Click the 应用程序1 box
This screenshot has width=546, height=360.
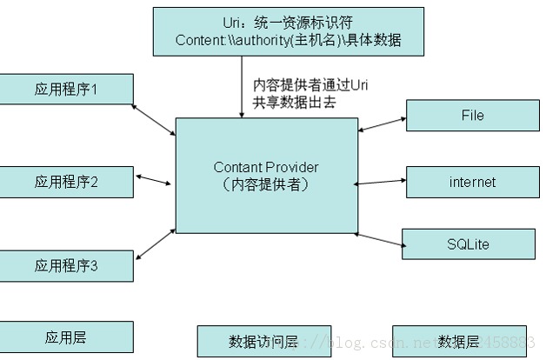click(x=66, y=89)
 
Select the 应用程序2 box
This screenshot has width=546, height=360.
click(x=66, y=182)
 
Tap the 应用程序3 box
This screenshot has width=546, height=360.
click(x=66, y=265)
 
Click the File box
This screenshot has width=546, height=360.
click(x=472, y=116)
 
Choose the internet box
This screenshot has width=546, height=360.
click(x=472, y=182)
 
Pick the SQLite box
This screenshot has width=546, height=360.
click(x=467, y=244)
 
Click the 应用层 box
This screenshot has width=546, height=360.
click(x=66, y=337)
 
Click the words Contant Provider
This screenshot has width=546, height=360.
click(x=266, y=167)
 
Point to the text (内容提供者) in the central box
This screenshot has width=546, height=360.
click(x=266, y=184)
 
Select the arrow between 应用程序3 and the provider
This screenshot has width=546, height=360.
click(x=155, y=244)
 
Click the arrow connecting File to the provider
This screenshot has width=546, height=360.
click(x=381, y=124)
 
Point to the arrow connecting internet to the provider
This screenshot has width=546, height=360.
click(x=380, y=183)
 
